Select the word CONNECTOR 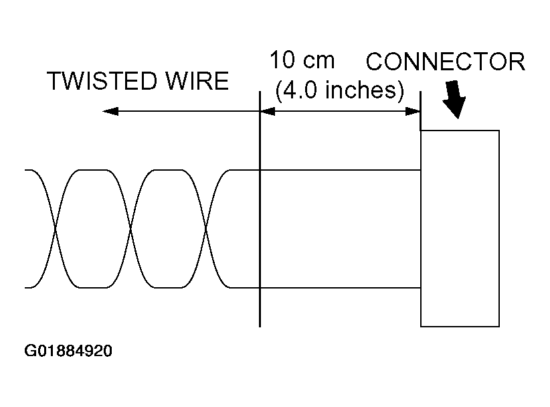[446, 62]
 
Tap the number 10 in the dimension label [283, 60]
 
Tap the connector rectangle [460, 228]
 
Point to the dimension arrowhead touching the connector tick [412, 111]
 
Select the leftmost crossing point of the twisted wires [56, 229]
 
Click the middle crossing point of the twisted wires [132, 229]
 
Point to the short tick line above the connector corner [420, 111]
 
